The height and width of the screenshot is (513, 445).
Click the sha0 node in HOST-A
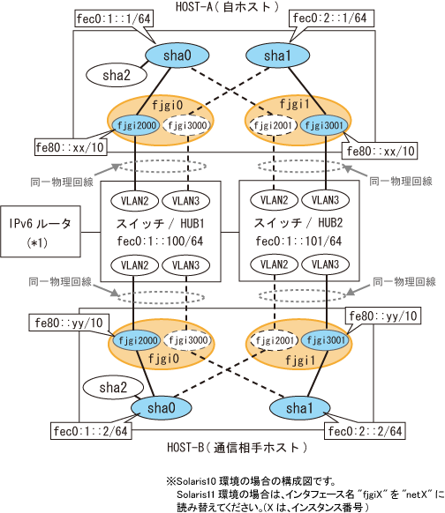point(177,56)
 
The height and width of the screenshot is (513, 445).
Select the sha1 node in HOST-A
point(277,56)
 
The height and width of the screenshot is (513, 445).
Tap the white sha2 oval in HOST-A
point(117,75)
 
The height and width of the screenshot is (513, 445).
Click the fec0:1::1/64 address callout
point(114,19)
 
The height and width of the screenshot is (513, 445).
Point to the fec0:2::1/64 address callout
point(331,18)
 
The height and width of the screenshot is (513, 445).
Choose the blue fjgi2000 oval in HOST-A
point(136,125)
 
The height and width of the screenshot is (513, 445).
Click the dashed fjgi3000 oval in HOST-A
point(187,125)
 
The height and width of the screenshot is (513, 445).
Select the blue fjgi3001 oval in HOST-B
point(326,340)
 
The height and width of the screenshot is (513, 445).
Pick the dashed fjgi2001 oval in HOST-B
point(275,340)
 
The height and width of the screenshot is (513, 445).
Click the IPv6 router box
point(41,231)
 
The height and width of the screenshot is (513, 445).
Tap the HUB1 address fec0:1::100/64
point(160,242)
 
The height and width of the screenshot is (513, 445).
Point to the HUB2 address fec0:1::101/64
point(298,242)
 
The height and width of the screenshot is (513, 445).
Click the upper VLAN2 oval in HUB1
point(135,201)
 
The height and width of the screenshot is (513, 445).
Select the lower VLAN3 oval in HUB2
point(325,264)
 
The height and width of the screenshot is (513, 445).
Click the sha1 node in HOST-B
point(299,408)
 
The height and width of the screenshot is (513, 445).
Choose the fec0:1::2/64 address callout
point(91,431)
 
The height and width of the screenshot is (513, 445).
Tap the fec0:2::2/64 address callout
point(365,431)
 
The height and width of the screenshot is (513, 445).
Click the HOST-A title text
point(227,6)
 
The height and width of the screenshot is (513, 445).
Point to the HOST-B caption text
point(238,447)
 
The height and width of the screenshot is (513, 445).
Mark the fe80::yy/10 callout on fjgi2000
point(69,323)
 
